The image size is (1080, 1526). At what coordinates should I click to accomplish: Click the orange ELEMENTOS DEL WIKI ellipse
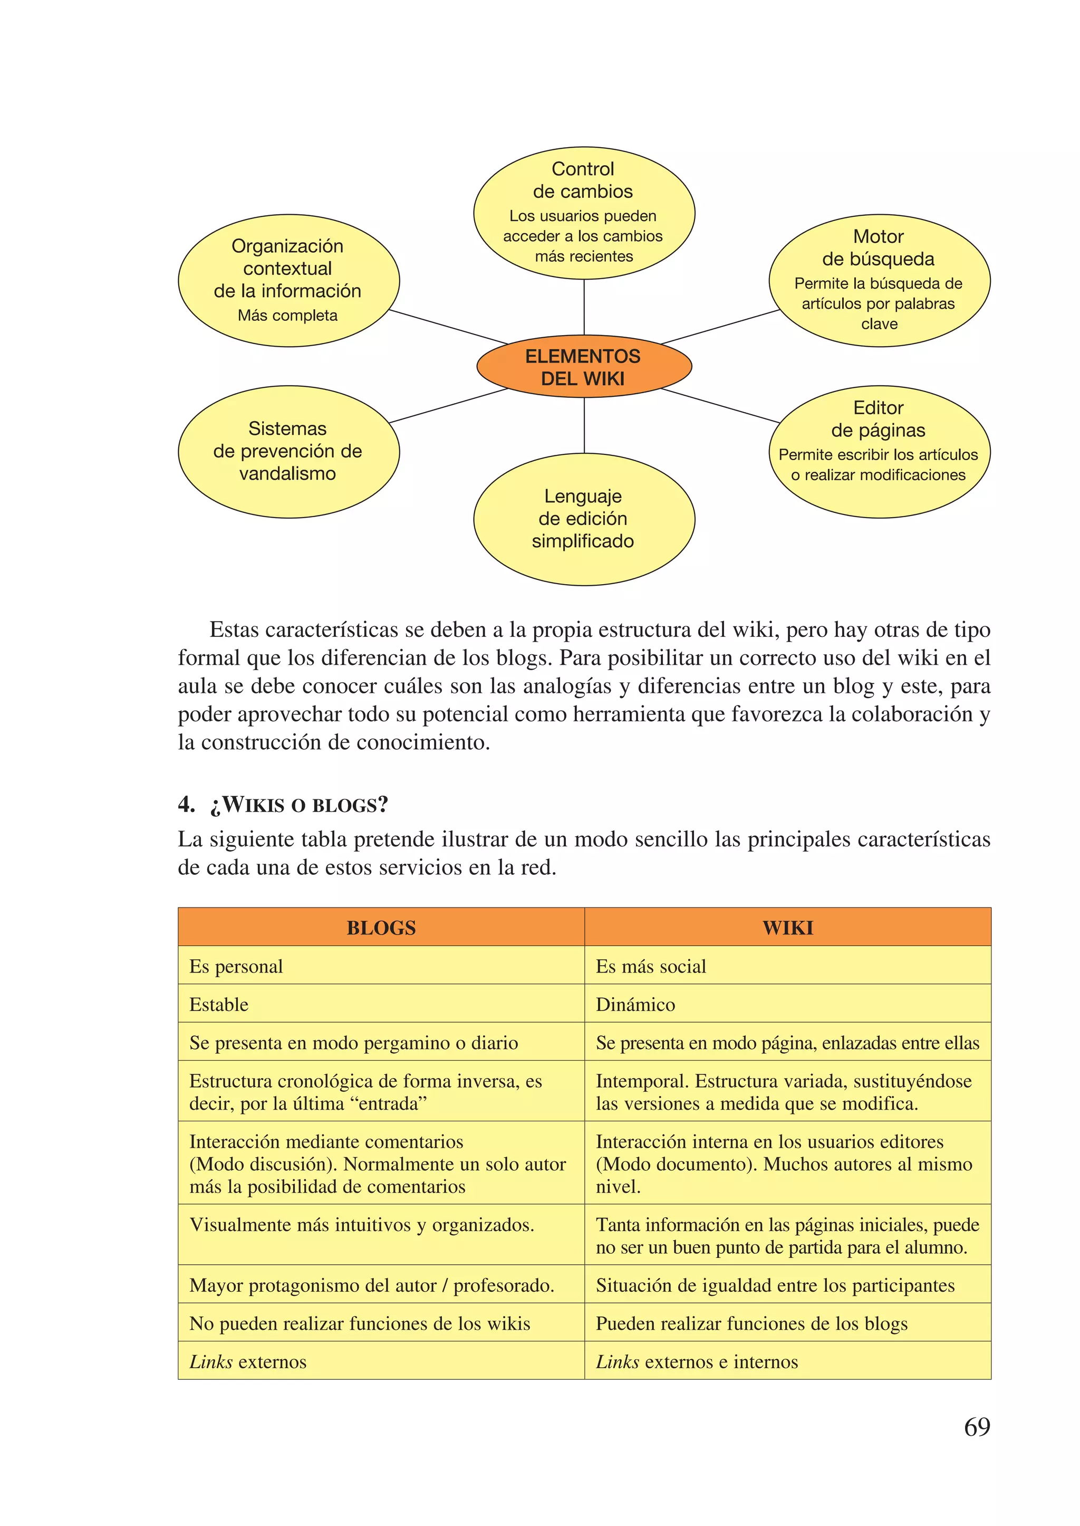point(584,367)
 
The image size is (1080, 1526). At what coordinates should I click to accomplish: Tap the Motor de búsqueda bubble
point(879,280)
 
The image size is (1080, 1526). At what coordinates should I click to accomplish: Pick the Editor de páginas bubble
point(879,451)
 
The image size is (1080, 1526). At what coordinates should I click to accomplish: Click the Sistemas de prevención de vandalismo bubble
point(288,451)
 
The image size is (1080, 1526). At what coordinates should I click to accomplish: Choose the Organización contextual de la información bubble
point(288,280)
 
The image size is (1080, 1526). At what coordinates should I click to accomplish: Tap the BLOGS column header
point(381,927)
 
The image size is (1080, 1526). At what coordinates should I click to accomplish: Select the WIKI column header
point(787,927)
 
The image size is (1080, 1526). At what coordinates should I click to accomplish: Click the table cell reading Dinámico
point(787,1004)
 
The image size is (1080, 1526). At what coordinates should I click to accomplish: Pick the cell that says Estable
point(381,1004)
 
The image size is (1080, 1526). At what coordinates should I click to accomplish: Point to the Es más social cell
point(787,966)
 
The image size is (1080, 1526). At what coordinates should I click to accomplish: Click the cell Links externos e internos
point(787,1361)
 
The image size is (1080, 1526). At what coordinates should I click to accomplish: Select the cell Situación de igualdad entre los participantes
point(787,1285)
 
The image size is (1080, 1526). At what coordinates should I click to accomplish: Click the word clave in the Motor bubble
point(879,324)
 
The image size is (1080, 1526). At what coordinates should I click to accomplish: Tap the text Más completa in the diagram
point(287,316)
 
